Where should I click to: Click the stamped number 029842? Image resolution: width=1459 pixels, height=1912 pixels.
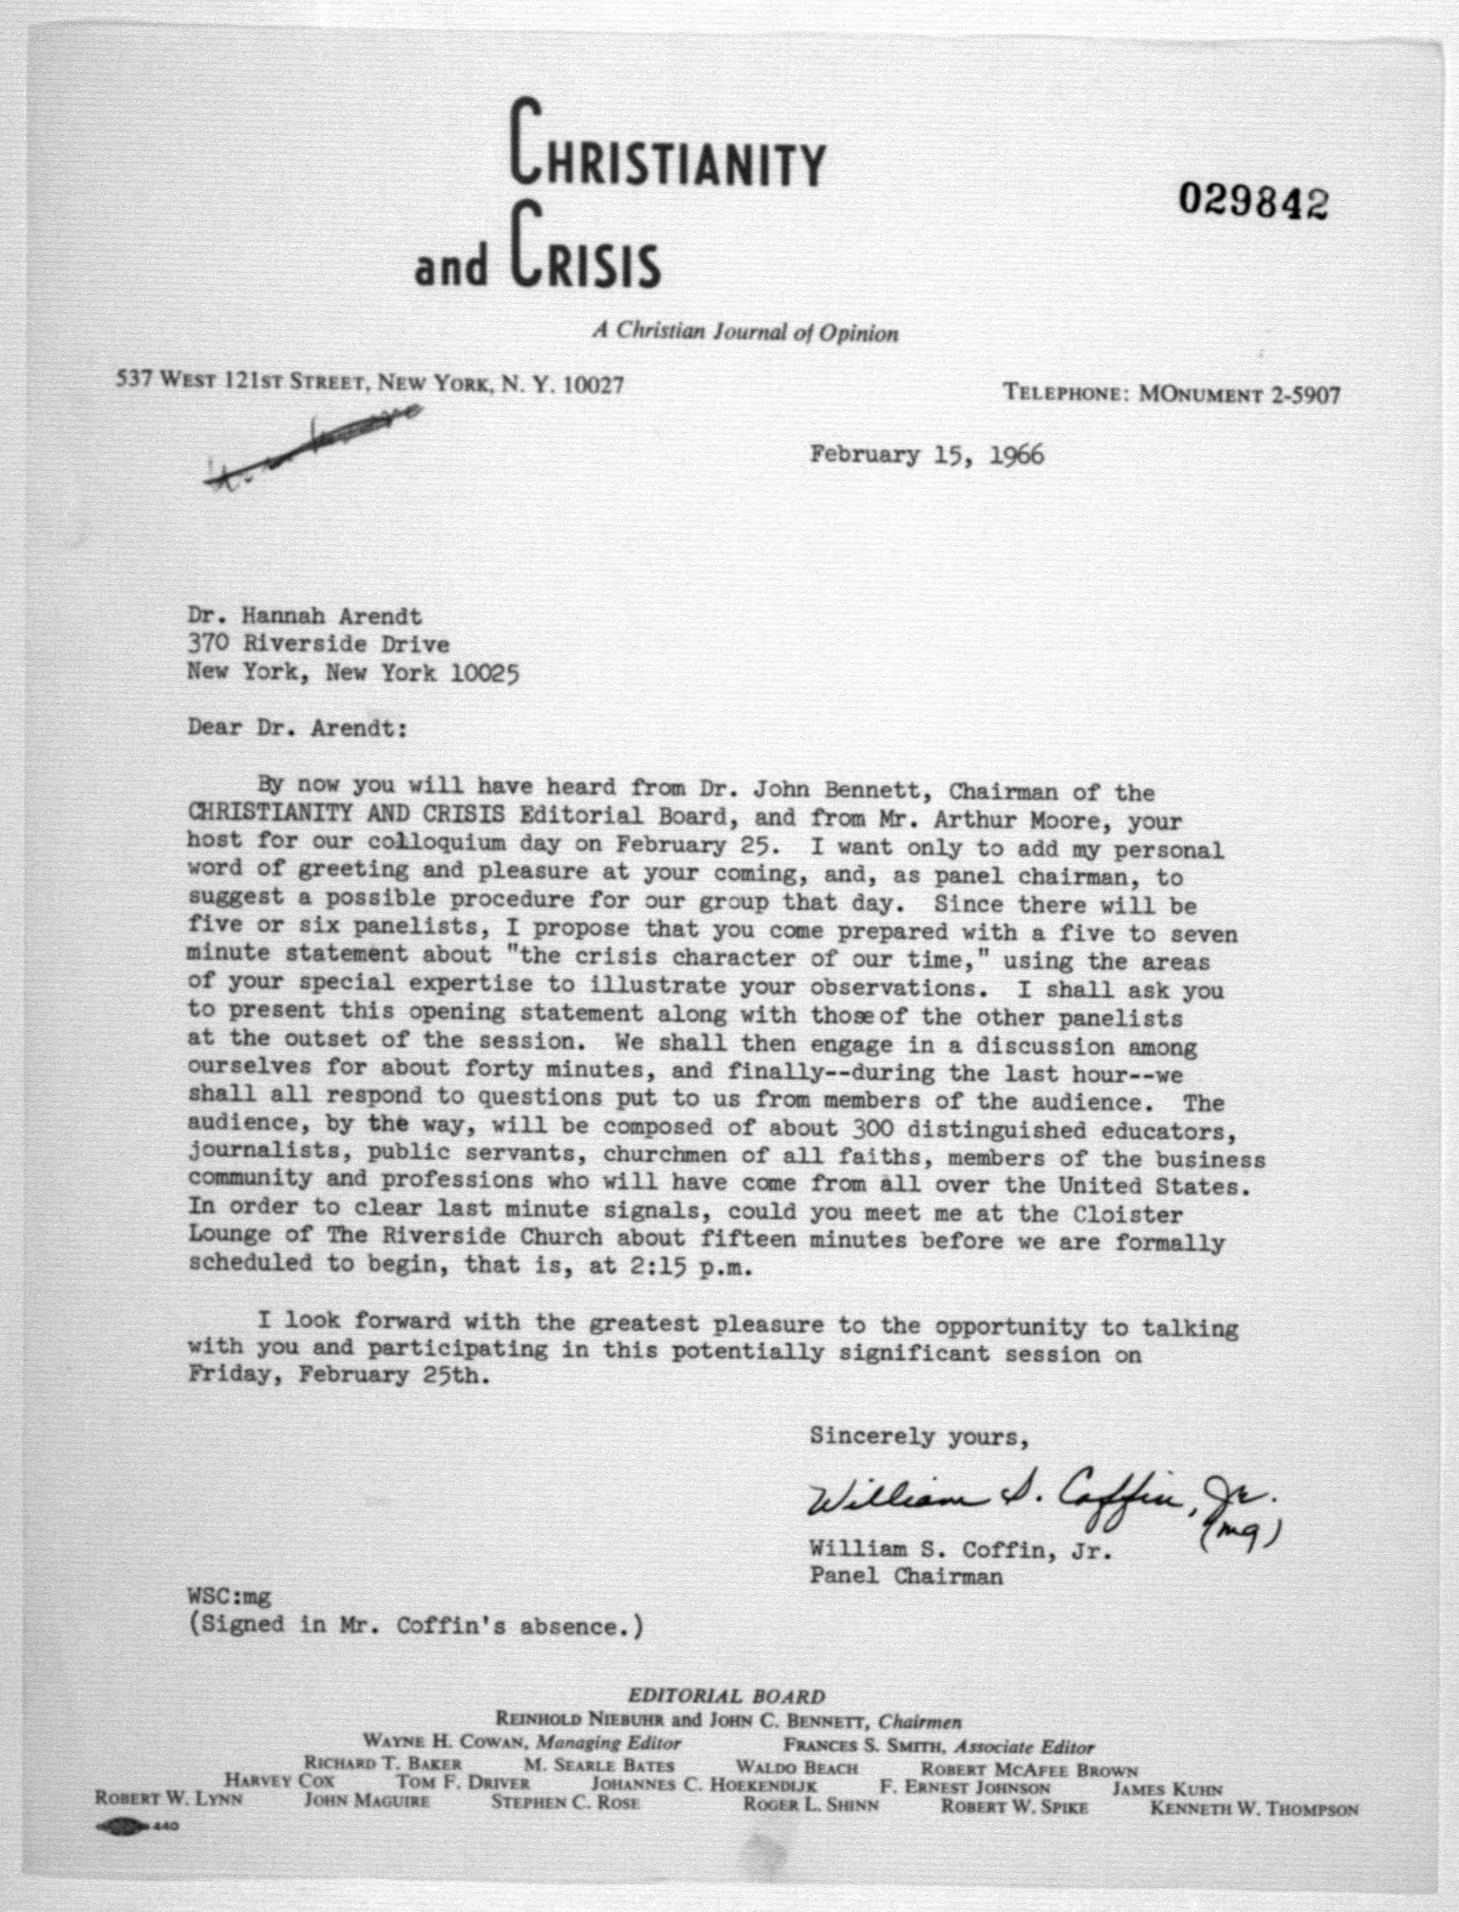[x=1252, y=202]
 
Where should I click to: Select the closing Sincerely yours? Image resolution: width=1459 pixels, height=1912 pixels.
[x=919, y=1437]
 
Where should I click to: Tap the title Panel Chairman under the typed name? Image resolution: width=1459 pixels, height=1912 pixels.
[x=906, y=1577]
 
